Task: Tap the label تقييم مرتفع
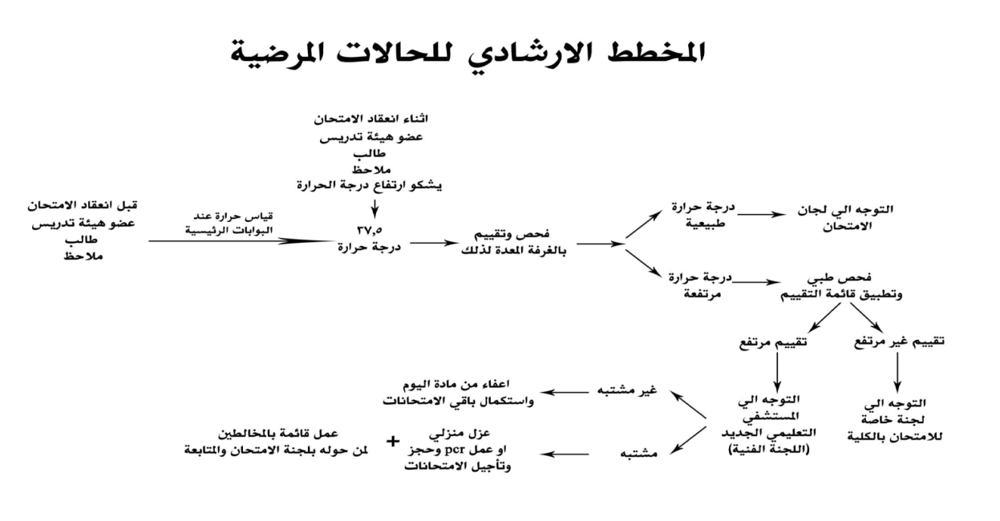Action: click(772, 342)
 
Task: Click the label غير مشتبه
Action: click(639, 390)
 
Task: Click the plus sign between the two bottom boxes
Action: click(393, 441)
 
